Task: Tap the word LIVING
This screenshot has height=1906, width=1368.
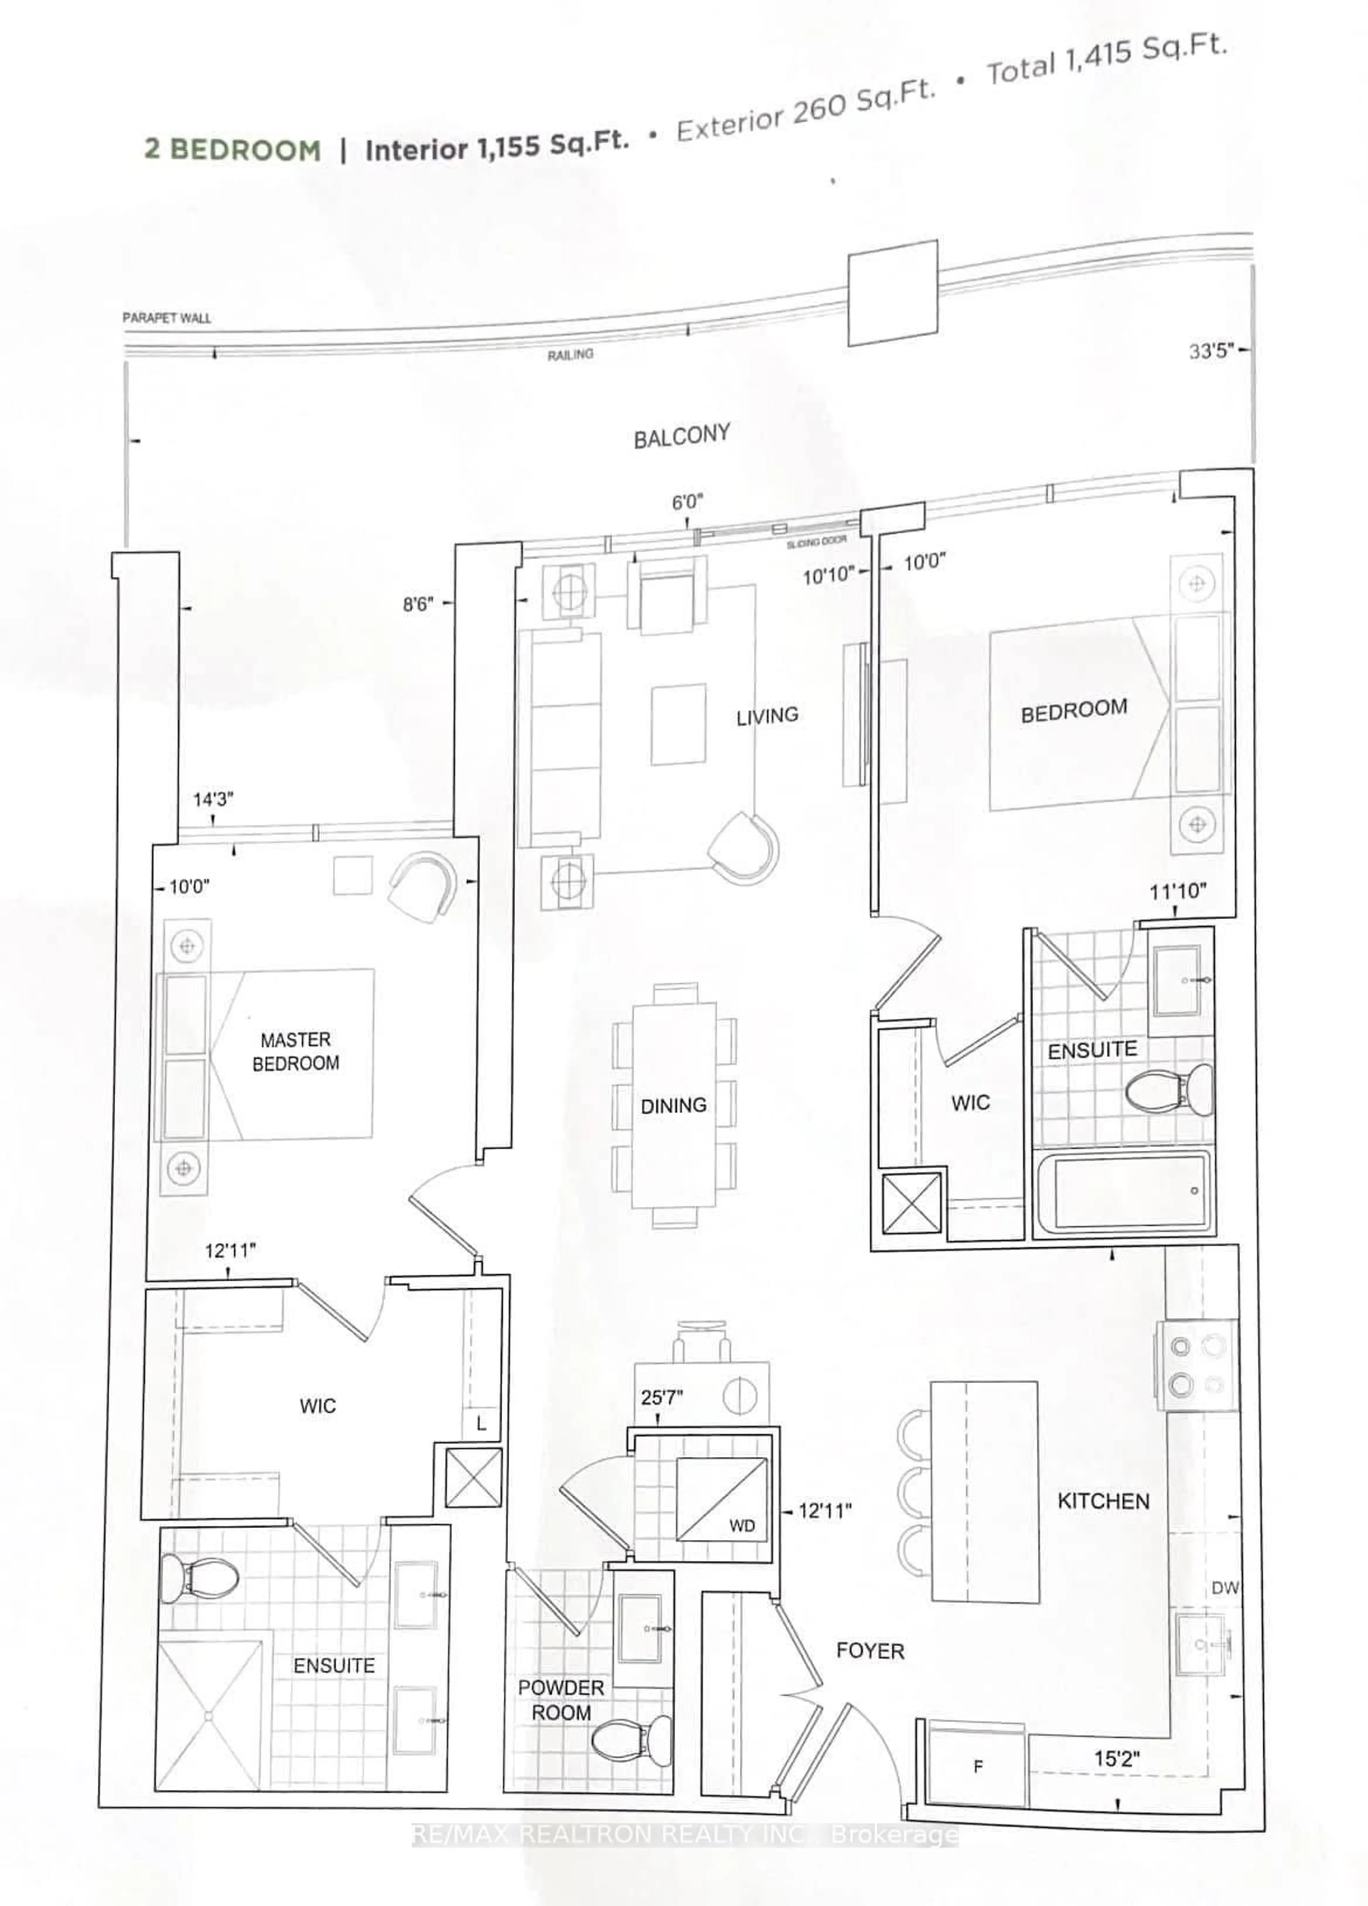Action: [767, 716]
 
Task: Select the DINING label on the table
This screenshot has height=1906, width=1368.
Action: [673, 1106]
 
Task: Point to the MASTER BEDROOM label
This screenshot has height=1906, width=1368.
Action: [296, 1051]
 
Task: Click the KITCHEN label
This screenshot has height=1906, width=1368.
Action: [1103, 1501]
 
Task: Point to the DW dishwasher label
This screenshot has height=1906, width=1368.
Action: [1225, 1588]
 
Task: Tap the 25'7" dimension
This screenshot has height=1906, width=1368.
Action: [662, 1398]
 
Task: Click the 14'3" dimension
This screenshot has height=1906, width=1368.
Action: [213, 799]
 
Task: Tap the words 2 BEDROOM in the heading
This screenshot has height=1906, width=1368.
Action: [232, 150]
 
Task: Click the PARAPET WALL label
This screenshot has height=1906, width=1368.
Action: [166, 318]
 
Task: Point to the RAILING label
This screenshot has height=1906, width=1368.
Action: [570, 355]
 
